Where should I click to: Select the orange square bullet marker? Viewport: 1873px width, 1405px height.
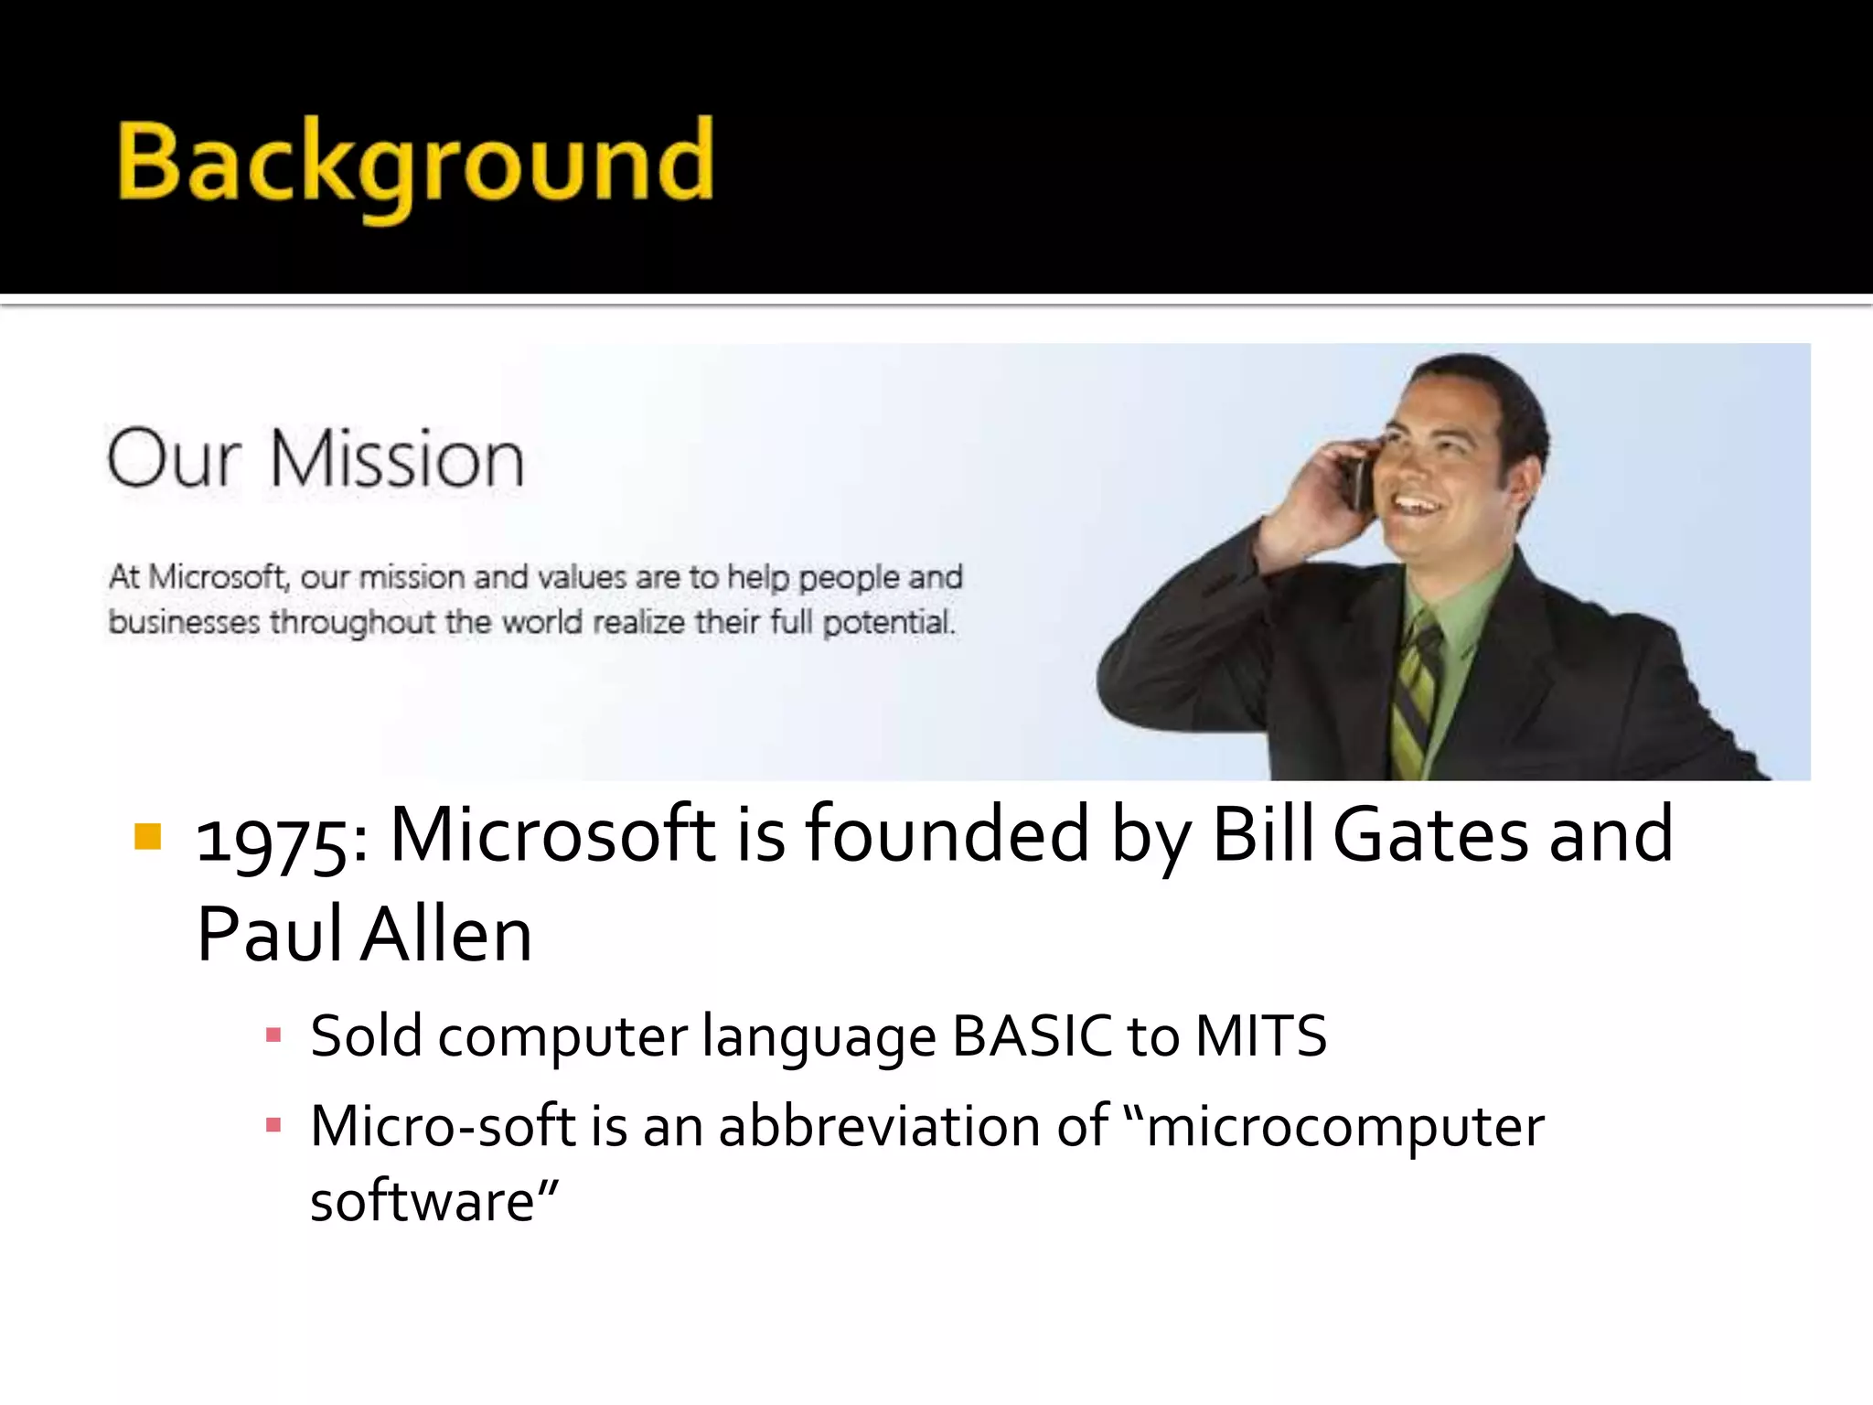click(147, 836)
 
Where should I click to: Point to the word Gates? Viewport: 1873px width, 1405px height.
click(1430, 834)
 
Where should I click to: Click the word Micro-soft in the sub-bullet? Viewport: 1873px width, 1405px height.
click(443, 1126)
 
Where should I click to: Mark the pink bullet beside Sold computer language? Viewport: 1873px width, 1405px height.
click(273, 1036)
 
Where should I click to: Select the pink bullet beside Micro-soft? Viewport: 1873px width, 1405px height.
click(273, 1125)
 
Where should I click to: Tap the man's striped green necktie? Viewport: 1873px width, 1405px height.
click(1416, 695)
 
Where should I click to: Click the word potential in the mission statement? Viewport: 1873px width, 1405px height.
click(887, 623)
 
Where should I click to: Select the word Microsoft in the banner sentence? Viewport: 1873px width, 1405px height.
click(218, 577)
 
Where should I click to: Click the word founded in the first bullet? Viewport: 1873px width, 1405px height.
click(947, 834)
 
